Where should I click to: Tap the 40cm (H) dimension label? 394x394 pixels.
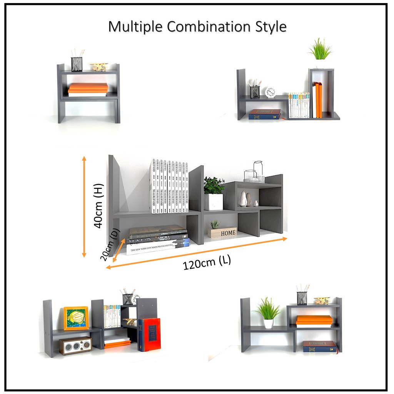[98, 205]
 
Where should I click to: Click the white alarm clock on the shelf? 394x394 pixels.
[270, 92]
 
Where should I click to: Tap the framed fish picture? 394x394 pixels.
[76, 318]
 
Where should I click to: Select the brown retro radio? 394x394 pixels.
[75, 346]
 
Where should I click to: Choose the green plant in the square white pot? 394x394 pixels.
[214, 194]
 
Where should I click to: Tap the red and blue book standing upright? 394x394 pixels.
[149, 334]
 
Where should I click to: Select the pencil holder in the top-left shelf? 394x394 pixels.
[77, 63]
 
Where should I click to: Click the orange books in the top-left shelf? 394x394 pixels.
[88, 88]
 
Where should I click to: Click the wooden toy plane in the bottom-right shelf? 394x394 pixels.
[322, 301]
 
